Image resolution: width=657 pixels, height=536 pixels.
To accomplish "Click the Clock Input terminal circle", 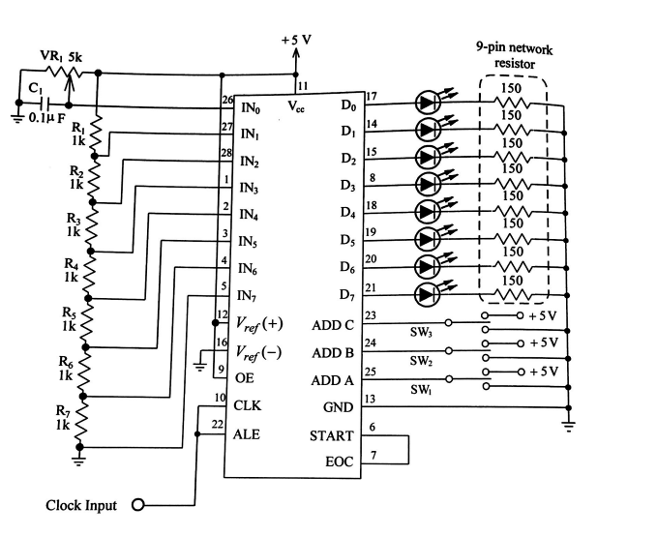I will (137, 505).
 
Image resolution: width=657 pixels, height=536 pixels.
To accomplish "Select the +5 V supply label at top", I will (296, 41).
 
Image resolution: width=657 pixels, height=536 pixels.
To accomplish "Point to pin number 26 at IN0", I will (228, 100).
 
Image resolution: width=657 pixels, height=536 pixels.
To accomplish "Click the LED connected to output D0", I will (429, 103).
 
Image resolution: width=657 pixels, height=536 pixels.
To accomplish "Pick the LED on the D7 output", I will (429, 293).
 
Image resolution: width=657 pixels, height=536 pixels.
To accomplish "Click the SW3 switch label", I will (422, 332).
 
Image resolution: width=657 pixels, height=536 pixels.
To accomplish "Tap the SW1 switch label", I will (422, 389).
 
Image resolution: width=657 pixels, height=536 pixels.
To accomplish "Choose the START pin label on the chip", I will (331, 436).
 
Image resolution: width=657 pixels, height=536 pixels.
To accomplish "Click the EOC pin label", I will (340, 463).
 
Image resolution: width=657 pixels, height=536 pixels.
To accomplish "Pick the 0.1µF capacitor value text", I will (45, 119).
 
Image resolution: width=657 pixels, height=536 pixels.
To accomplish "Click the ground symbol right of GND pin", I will (568, 424).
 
